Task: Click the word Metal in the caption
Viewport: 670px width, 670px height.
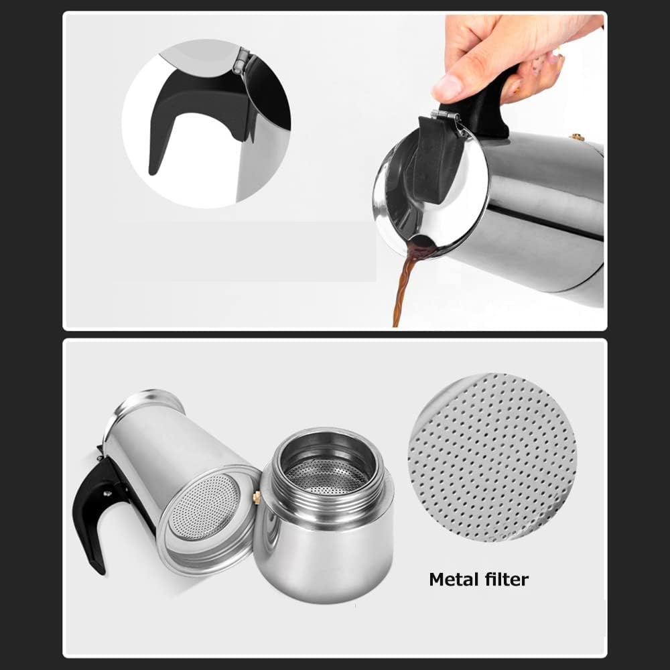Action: coord(452,579)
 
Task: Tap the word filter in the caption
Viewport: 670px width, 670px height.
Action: coord(504,579)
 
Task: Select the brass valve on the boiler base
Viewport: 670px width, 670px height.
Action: coord(257,498)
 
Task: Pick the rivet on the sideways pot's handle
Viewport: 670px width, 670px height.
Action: coord(107,494)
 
